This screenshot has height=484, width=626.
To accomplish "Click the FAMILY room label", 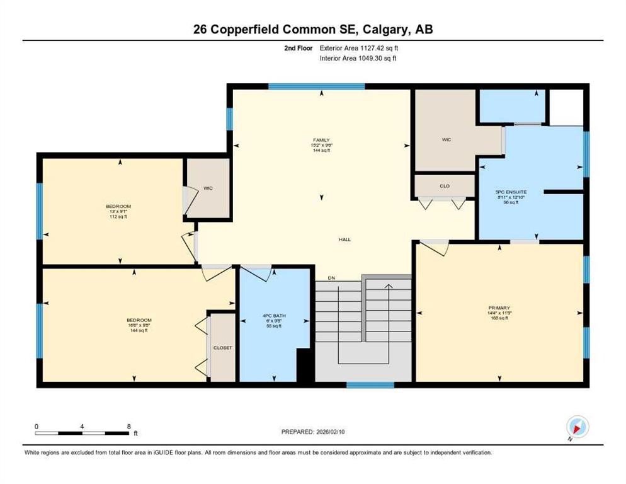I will tap(322, 141).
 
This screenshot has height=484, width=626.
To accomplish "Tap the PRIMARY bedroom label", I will tap(498, 308).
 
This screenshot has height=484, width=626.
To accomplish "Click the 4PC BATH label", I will tap(273, 315).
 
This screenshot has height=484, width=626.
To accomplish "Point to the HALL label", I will tap(344, 239).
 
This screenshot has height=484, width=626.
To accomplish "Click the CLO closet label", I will tap(445, 187).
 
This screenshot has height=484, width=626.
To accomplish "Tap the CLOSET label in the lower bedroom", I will tap(222, 348).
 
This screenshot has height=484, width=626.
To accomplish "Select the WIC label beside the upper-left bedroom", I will tap(207, 188).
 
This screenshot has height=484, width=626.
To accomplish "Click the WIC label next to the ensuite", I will tap(447, 140).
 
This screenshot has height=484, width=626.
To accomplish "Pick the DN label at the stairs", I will tap(331, 279).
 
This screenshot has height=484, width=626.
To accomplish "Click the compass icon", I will tap(577, 427).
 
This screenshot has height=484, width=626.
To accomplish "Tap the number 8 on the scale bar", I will tap(128, 426).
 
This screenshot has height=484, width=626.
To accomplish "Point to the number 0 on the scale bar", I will tap(37, 426).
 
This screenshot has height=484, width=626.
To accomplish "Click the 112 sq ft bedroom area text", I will tap(119, 217).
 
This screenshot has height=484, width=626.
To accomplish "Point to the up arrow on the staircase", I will tap(389, 288).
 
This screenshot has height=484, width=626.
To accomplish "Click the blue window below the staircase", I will tap(370, 384).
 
